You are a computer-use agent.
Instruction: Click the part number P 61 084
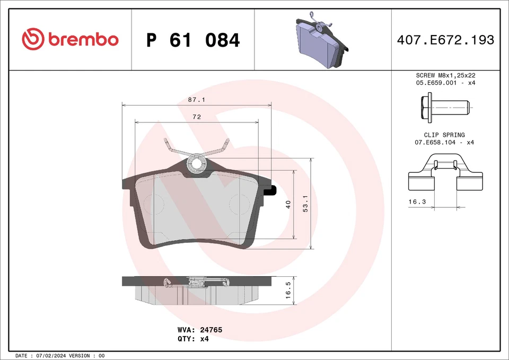[x=193, y=40]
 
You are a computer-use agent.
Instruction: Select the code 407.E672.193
[x=445, y=40]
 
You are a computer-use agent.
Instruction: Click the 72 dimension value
[x=196, y=117]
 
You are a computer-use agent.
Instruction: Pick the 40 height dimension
[x=288, y=205]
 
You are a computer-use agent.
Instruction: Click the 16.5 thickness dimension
[x=288, y=290]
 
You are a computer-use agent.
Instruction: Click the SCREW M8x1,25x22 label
[x=444, y=76]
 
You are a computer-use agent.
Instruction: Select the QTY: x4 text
[x=194, y=338]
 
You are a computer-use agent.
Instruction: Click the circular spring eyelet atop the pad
[x=197, y=163]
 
